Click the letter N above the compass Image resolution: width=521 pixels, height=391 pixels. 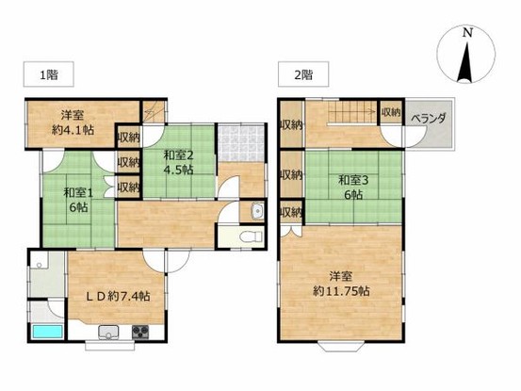pos(468,33)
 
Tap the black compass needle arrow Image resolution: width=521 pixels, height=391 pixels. pos(465,62)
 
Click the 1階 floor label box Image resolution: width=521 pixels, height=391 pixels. pos(48,74)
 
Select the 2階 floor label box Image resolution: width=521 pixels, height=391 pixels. pos(303,74)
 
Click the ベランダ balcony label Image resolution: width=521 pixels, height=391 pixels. pos(429,119)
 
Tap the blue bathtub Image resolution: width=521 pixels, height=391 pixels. pos(47,332)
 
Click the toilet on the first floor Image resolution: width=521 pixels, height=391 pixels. pos(251,236)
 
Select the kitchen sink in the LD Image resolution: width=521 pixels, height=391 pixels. pos(108,333)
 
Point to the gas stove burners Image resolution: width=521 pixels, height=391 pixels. pos(141,333)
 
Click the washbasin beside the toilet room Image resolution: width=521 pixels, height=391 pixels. pos(257,211)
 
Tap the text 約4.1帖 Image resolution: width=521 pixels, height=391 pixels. pos(73,130)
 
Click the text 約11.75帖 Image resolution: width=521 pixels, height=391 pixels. pos(341,291)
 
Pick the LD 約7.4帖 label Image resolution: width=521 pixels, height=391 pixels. pos(118,296)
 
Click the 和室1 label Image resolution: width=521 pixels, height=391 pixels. pos(78,192)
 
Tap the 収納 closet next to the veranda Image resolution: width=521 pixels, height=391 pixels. pos(391,112)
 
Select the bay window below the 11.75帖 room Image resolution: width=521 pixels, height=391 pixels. pos(341,346)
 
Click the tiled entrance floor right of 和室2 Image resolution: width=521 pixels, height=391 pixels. pos(241,143)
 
